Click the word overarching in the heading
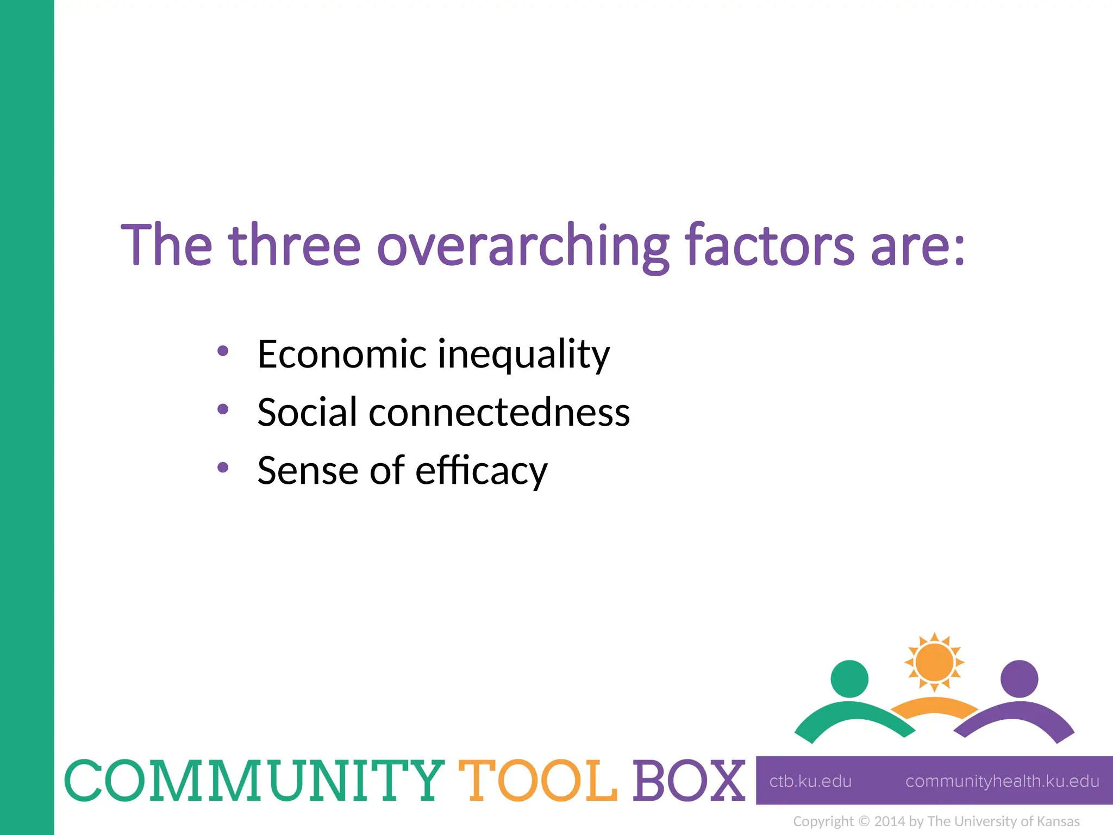click(523, 246)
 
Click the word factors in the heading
click(769, 246)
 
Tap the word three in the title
click(294, 246)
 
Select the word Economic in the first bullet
click(342, 354)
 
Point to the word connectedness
click(499, 413)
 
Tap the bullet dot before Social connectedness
click(223, 409)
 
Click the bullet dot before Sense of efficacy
click(223, 467)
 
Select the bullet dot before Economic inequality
click(223, 351)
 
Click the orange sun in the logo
click(934, 662)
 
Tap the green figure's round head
click(849, 678)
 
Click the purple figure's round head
click(1019, 678)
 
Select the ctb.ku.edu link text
click(810, 781)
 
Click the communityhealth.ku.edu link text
click(1002, 781)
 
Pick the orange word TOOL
click(538, 781)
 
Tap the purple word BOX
click(689, 781)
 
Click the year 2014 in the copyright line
click(889, 821)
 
